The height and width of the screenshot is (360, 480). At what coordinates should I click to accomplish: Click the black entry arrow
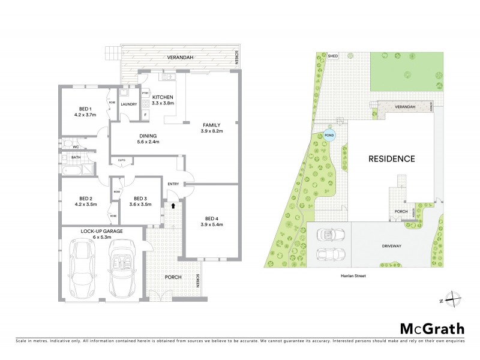tap(174, 205)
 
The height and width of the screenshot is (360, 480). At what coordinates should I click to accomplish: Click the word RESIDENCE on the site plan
tap(391, 159)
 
